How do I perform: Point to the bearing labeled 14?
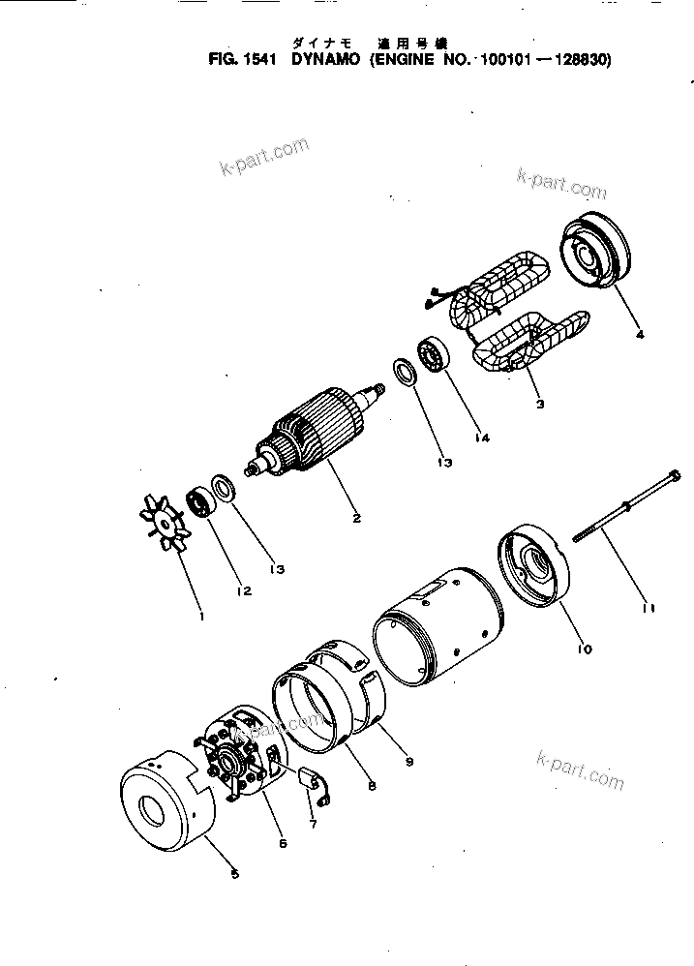[x=432, y=359]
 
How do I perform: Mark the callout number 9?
[x=409, y=762]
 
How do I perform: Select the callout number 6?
[x=283, y=843]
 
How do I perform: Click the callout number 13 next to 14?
[x=444, y=464]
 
